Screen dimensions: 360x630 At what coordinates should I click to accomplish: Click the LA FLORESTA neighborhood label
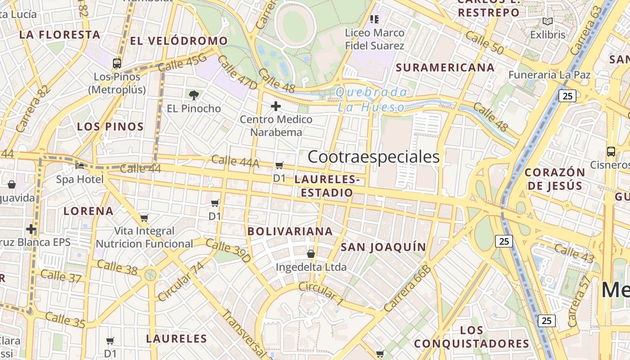point(60,35)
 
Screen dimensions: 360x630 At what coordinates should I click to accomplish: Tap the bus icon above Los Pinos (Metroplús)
point(117,63)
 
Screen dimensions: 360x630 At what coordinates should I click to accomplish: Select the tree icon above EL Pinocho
point(194,95)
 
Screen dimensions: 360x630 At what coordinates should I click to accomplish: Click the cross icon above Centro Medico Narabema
point(276,106)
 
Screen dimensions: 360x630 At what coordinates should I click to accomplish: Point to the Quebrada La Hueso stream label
point(372,99)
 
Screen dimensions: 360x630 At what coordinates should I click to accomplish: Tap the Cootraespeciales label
point(373,157)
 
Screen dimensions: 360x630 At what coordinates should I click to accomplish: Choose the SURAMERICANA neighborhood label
point(445,67)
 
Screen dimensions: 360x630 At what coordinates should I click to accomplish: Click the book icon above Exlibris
point(547,21)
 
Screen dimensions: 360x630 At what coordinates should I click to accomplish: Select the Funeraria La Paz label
point(549,75)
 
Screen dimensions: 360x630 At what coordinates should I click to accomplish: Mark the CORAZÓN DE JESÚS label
point(555,179)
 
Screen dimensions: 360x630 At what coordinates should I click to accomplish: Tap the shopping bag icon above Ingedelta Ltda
point(310,254)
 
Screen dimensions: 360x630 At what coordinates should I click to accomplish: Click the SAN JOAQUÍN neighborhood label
point(383,247)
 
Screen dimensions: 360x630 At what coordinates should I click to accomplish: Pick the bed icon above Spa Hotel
point(80,166)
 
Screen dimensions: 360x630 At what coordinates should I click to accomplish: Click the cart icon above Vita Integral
point(144,218)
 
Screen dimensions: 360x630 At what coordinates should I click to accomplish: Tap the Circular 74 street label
point(180,282)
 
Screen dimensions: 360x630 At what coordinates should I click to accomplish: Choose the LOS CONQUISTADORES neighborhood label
point(472,337)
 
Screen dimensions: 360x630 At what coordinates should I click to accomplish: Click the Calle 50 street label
point(484,43)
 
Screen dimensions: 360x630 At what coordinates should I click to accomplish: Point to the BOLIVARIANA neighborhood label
point(290,231)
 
